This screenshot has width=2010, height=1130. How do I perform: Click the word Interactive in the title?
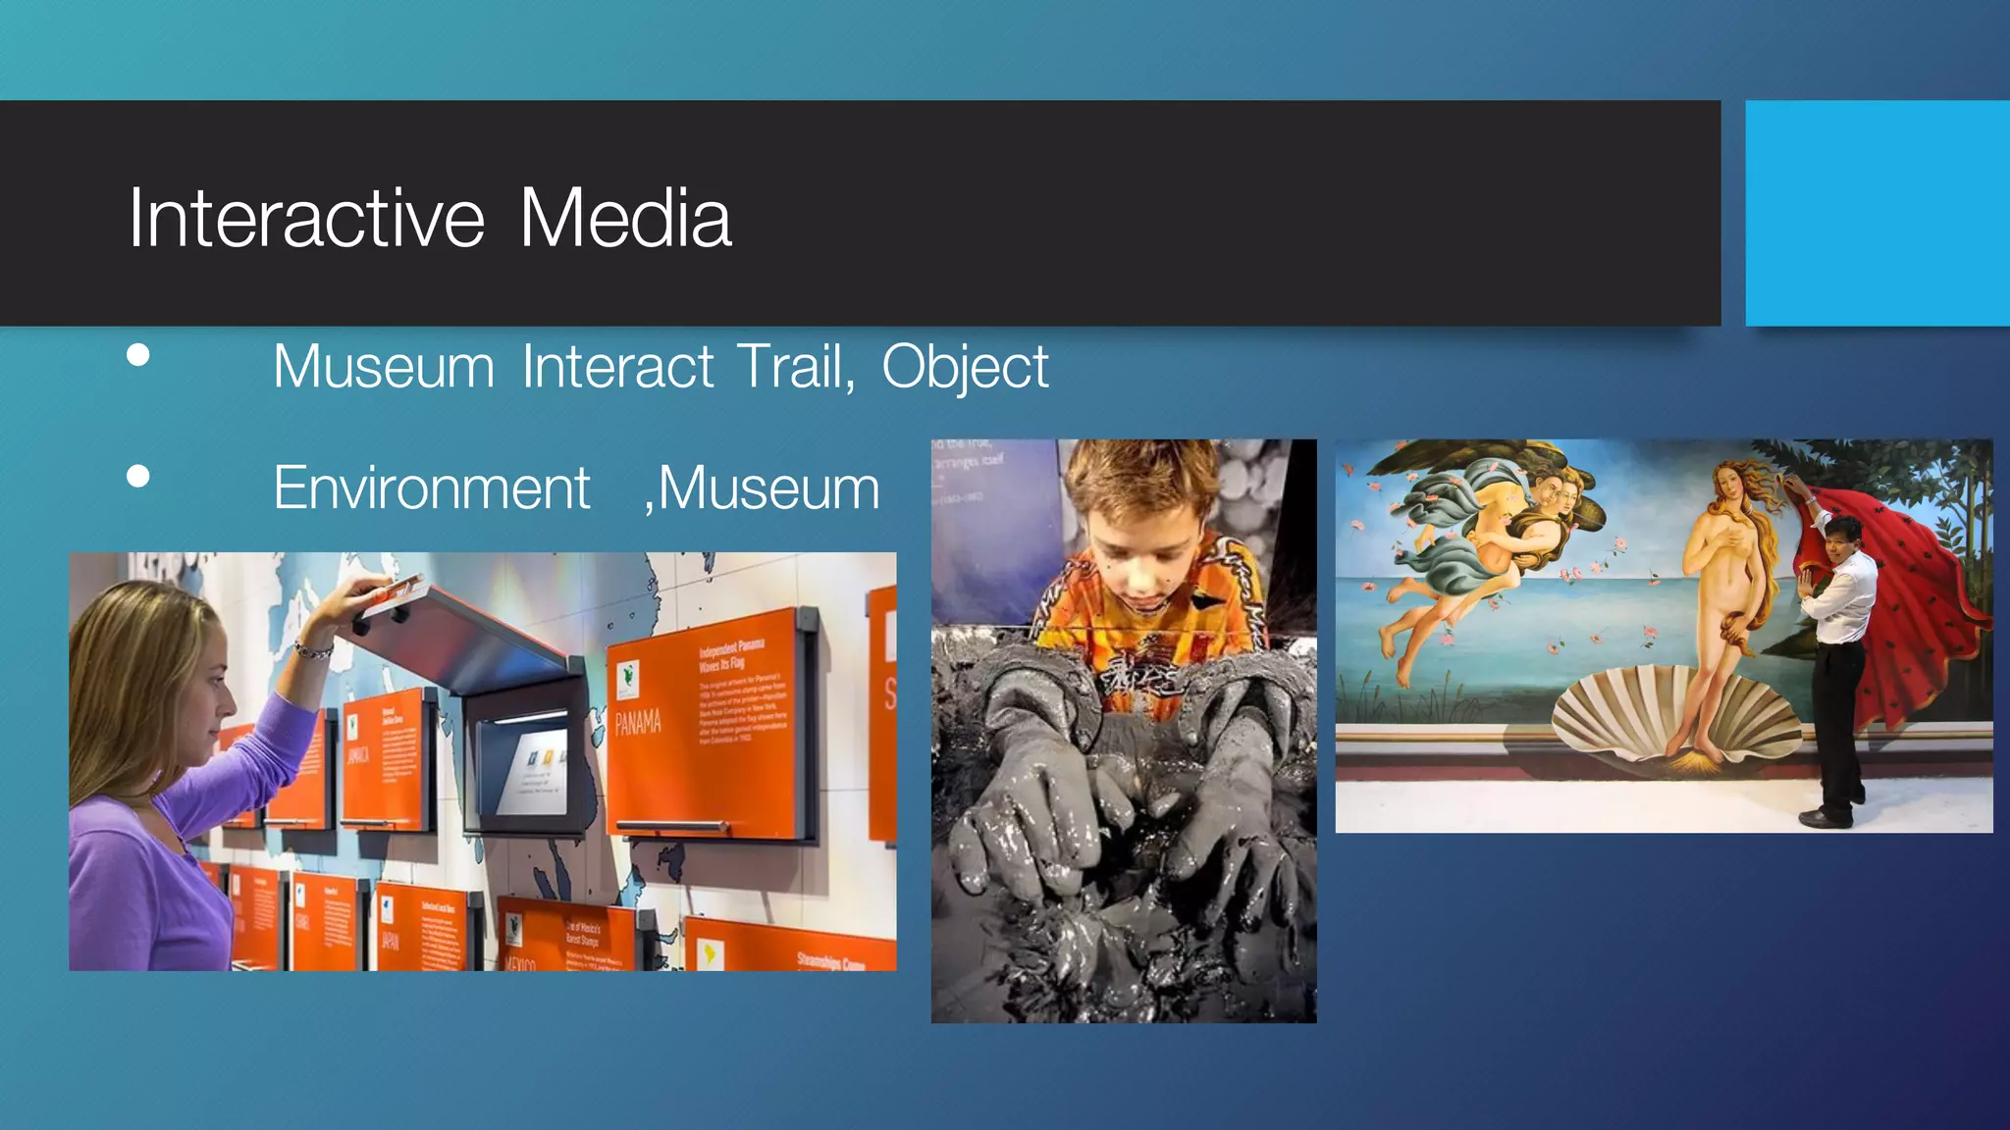306,218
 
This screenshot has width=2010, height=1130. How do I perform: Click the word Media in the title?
625,218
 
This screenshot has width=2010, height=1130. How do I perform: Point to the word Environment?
432,488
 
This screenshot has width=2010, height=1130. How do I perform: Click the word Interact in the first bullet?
617,367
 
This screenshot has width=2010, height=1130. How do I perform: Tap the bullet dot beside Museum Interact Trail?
138,355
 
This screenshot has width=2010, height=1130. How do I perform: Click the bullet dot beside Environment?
138,477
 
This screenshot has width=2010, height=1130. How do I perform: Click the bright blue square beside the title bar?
1877,213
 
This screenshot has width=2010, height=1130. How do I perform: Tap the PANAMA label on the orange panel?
638,724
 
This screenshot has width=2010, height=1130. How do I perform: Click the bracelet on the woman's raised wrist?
312,648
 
